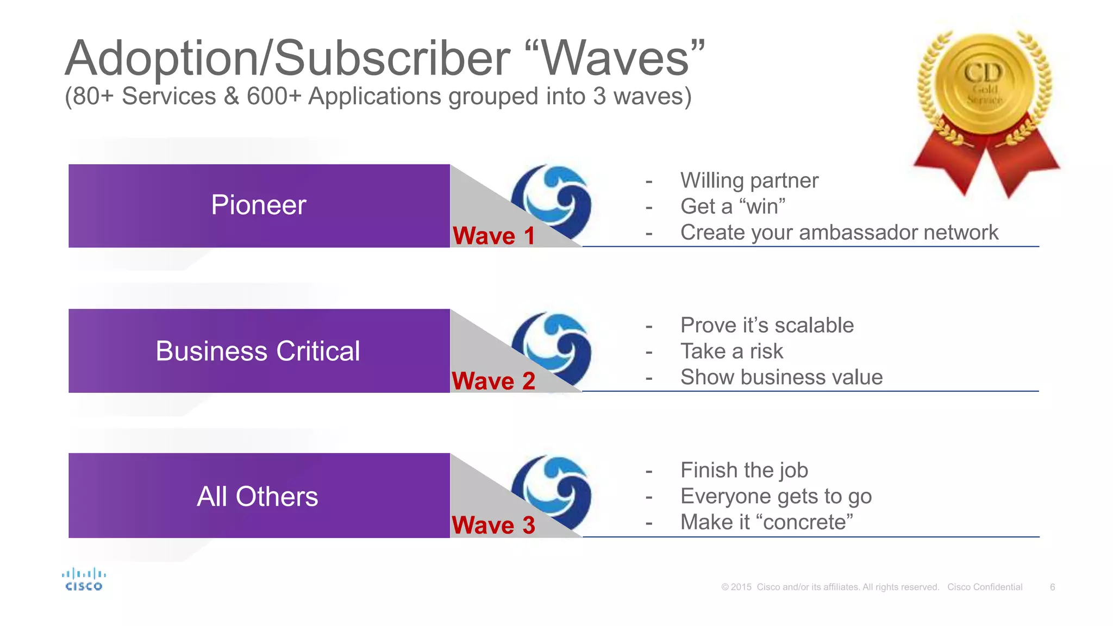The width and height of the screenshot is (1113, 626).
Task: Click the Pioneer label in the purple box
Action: point(259,205)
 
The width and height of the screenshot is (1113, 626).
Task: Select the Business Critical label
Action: point(258,351)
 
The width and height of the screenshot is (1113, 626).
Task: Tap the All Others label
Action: point(257,497)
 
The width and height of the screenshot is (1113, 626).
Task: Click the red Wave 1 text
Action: point(493,236)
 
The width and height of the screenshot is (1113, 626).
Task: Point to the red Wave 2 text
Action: point(493,380)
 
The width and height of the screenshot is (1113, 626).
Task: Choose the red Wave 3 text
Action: point(493,525)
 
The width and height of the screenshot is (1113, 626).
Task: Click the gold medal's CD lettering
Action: point(983,73)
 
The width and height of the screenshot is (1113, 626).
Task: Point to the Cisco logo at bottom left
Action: point(84,580)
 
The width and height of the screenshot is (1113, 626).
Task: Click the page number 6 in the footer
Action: point(1053,587)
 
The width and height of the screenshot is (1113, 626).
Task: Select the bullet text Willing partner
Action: point(749,180)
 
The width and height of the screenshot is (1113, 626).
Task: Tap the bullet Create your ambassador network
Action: point(839,233)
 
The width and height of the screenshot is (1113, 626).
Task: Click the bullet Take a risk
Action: point(731,351)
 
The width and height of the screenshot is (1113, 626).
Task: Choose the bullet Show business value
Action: point(781,377)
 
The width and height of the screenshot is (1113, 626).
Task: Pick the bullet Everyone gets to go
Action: point(776,496)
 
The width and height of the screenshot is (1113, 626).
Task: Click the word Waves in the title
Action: point(616,59)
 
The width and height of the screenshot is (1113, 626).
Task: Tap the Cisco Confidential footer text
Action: point(985,587)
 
